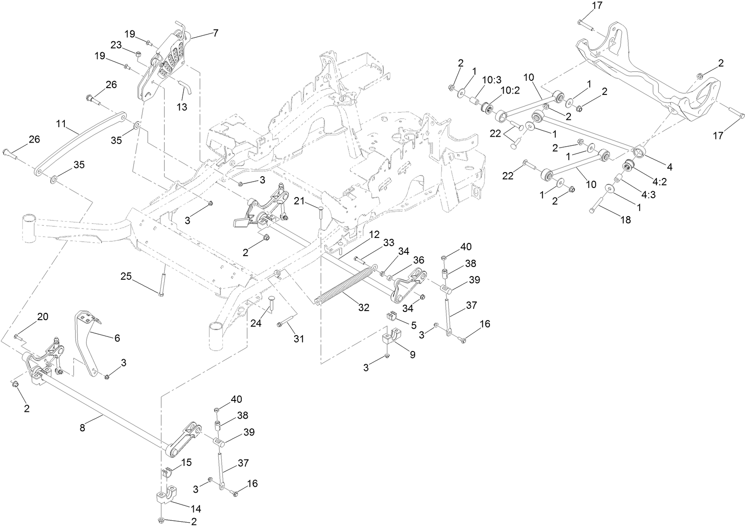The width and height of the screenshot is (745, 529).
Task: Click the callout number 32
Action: click(363, 307)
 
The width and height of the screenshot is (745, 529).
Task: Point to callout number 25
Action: click(127, 276)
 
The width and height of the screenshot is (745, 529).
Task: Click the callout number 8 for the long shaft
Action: click(82, 428)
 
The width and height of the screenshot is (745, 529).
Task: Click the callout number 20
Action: click(42, 316)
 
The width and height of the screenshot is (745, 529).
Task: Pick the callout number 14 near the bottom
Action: click(196, 509)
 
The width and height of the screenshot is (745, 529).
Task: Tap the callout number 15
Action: click(186, 462)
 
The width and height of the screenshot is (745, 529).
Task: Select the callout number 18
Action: click(625, 220)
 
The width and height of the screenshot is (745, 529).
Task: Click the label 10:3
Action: click(492, 80)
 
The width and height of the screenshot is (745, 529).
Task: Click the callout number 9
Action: click(412, 355)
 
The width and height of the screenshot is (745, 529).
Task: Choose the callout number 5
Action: click(413, 325)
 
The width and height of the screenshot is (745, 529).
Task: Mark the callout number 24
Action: click(257, 323)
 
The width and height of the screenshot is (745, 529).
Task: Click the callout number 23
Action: click(116, 45)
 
